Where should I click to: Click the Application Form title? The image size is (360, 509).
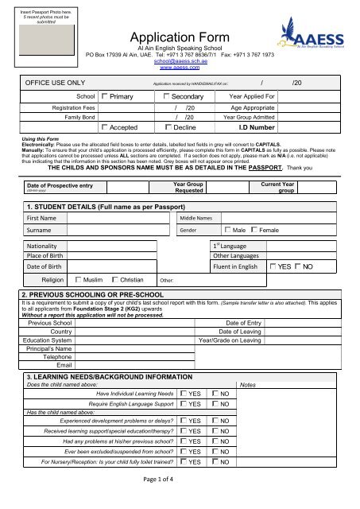[180, 37]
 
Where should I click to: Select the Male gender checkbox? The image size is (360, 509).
[227, 229]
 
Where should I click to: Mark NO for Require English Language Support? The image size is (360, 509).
[216, 404]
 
